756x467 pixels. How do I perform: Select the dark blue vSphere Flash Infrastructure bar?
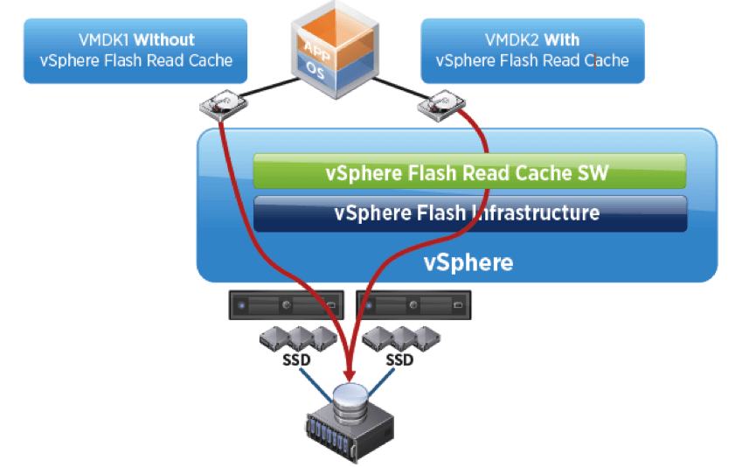[x=468, y=213]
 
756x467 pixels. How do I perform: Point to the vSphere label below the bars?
[x=468, y=261]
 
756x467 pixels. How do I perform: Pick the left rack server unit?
[x=287, y=307]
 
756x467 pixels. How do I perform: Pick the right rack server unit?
[x=416, y=307]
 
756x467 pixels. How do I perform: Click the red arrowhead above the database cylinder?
[x=350, y=374]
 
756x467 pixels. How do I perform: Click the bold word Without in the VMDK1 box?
[x=164, y=39]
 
